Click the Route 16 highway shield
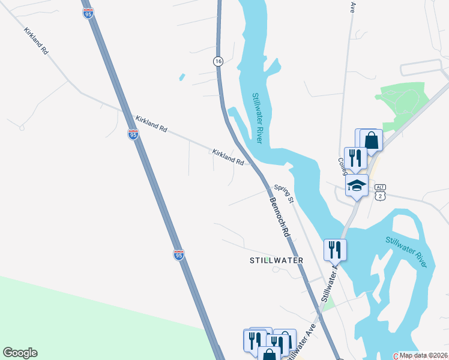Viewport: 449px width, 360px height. pyautogui.click(x=218, y=61)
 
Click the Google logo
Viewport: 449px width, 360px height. pyautogui.click(x=20, y=353)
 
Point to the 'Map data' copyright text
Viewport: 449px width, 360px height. pyautogui.click(x=424, y=355)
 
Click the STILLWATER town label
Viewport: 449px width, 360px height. pyautogui.click(x=276, y=260)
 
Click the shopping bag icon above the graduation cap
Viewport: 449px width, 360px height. pyautogui.click(x=372, y=141)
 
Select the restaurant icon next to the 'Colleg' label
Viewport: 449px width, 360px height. pyautogui.click(x=355, y=158)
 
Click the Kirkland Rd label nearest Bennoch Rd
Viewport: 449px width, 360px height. pyautogui.click(x=228, y=157)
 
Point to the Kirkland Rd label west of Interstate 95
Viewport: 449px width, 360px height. pyautogui.click(x=36, y=41)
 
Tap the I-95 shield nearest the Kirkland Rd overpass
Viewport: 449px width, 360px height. pyautogui.click(x=133, y=134)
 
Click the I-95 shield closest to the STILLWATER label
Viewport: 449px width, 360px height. pyautogui.click(x=178, y=255)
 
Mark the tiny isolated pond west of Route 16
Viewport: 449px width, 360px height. pyautogui.click(x=181, y=77)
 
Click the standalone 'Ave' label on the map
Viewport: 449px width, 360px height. pyautogui.click(x=353, y=7)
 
